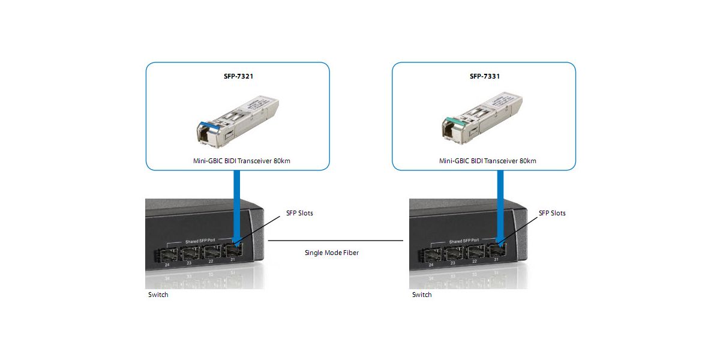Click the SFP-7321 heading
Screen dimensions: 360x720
click(x=238, y=77)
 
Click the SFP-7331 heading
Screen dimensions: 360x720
click(x=484, y=77)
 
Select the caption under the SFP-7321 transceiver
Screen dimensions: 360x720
click(x=238, y=161)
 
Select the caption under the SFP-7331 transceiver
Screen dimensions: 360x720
click(x=484, y=161)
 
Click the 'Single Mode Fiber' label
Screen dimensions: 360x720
click(x=331, y=253)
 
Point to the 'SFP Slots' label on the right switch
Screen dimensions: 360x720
click(x=552, y=213)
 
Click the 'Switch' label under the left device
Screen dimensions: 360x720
click(x=158, y=295)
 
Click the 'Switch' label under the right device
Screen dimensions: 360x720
click(x=422, y=295)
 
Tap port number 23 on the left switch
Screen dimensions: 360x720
click(x=189, y=263)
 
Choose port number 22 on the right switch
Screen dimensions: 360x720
click(x=474, y=262)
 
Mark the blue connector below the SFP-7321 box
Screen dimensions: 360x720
click(x=237, y=204)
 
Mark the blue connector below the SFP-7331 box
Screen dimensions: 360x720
click(x=499, y=204)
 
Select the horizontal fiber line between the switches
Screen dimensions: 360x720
click(x=335, y=241)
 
